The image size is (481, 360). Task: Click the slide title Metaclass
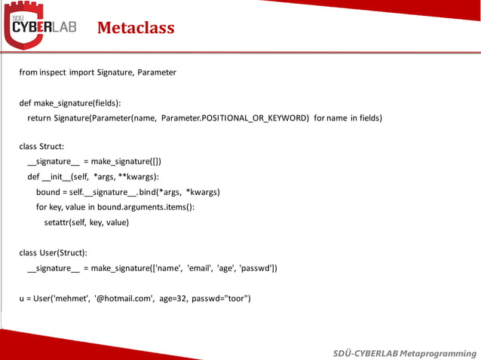136,29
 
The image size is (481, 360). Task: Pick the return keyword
39,117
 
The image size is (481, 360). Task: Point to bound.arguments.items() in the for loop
152,207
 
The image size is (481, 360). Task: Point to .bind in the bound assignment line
149,192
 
